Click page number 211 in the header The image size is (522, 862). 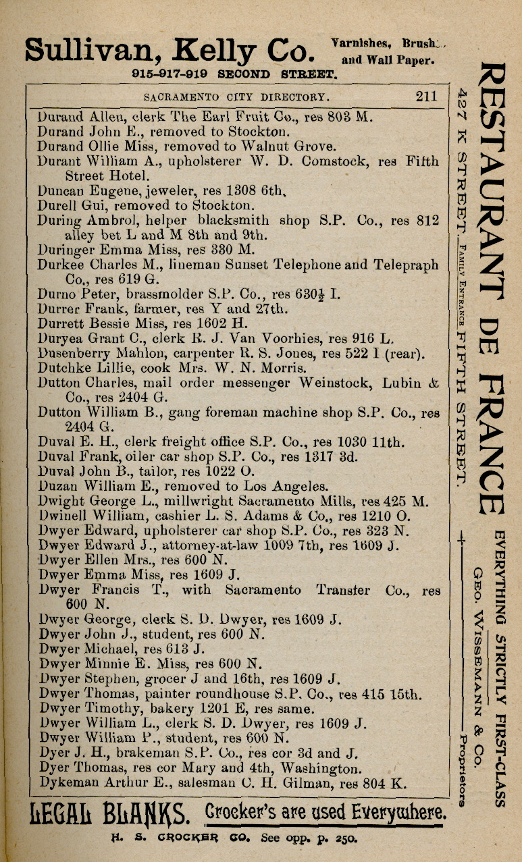(426, 96)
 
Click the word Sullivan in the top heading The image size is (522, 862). (93, 50)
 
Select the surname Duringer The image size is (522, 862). (66, 250)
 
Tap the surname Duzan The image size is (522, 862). (57, 486)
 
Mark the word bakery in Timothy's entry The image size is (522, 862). (163, 709)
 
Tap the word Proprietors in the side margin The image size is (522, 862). (462, 770)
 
